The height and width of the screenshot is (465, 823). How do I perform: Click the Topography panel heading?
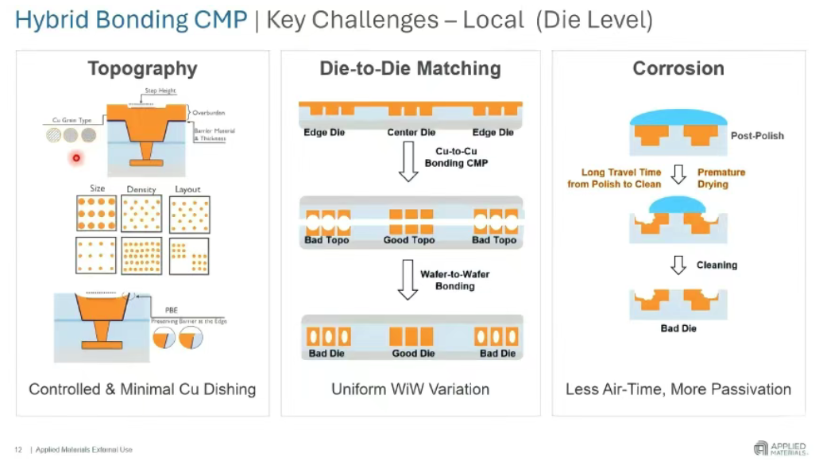pyautogui.click(x=142, y=69)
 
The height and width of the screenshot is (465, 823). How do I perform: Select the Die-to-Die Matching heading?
pyautogui.click(x=410, y=69)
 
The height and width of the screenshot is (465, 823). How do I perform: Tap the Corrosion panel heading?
pyautogui.click(x=678, y=69)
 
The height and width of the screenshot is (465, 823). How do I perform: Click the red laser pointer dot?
pyautogui.click(x=76, y=157)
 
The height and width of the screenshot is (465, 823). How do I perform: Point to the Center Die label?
pyautogui.click(x=411, y=132)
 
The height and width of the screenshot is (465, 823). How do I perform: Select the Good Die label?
pyautogui.click(x=413, y=354)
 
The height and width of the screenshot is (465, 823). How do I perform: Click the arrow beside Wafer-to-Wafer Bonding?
pyautogui.click(x=408, y=284)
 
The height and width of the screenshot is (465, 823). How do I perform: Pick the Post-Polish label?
pyautogui.click(x=757, y=136)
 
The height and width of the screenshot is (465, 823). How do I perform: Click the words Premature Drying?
pyautogui.click(x=721, y=178)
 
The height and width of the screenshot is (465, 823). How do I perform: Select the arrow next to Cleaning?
pyautogui.click(x=678, y=265)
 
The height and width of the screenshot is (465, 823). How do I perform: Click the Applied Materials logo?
pyautogui.click(x=781, y=448)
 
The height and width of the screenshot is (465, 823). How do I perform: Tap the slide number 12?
pyautogui.click(x=18, y=450)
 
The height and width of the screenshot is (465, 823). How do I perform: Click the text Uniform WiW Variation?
pyautogui.click(x=410, y=389)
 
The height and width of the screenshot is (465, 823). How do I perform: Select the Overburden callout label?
pyautogui.click(x=209, y=113)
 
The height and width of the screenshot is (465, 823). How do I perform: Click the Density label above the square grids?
pyautogui.click(x=141, y=190)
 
